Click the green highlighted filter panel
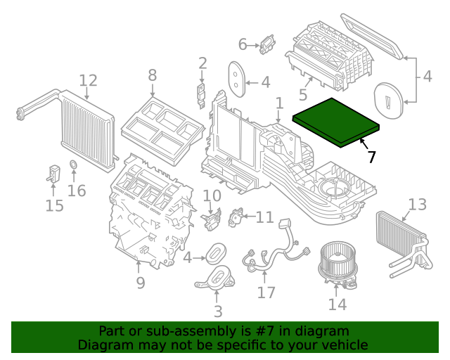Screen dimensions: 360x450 [336, 120]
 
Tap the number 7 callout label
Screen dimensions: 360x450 [371, 157]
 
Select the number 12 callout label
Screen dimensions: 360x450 [88, 80]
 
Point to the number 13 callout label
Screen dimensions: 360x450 [417, 205]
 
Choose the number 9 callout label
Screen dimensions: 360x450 [141, 283]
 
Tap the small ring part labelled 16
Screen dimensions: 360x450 [72, 167]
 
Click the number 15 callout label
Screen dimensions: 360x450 [54, 205]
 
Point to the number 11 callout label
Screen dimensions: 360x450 [264, 217]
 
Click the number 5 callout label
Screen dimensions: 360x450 [303, 94]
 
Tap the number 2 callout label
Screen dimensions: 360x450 [202, 64]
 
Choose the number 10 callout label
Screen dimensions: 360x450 [212, 195]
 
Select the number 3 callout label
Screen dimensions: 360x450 [217, 311]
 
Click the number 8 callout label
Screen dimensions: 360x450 [153, 75]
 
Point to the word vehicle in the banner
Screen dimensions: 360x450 [344, 345]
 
